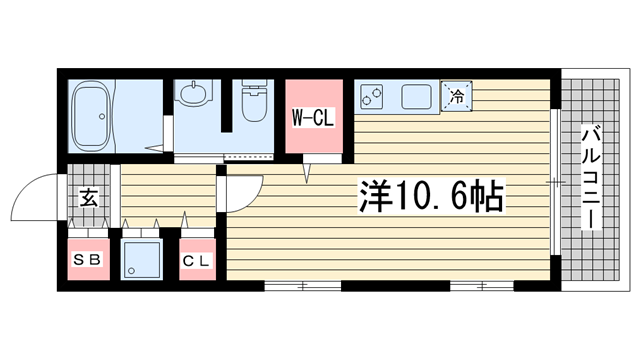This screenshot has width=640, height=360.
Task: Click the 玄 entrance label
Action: click(x=88, y=198)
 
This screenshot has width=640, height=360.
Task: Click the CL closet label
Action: click(x=197, y=261)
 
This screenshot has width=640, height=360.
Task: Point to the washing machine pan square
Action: click(x=142, y=259)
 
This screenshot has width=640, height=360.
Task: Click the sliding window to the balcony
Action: click(x=555, y=181)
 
